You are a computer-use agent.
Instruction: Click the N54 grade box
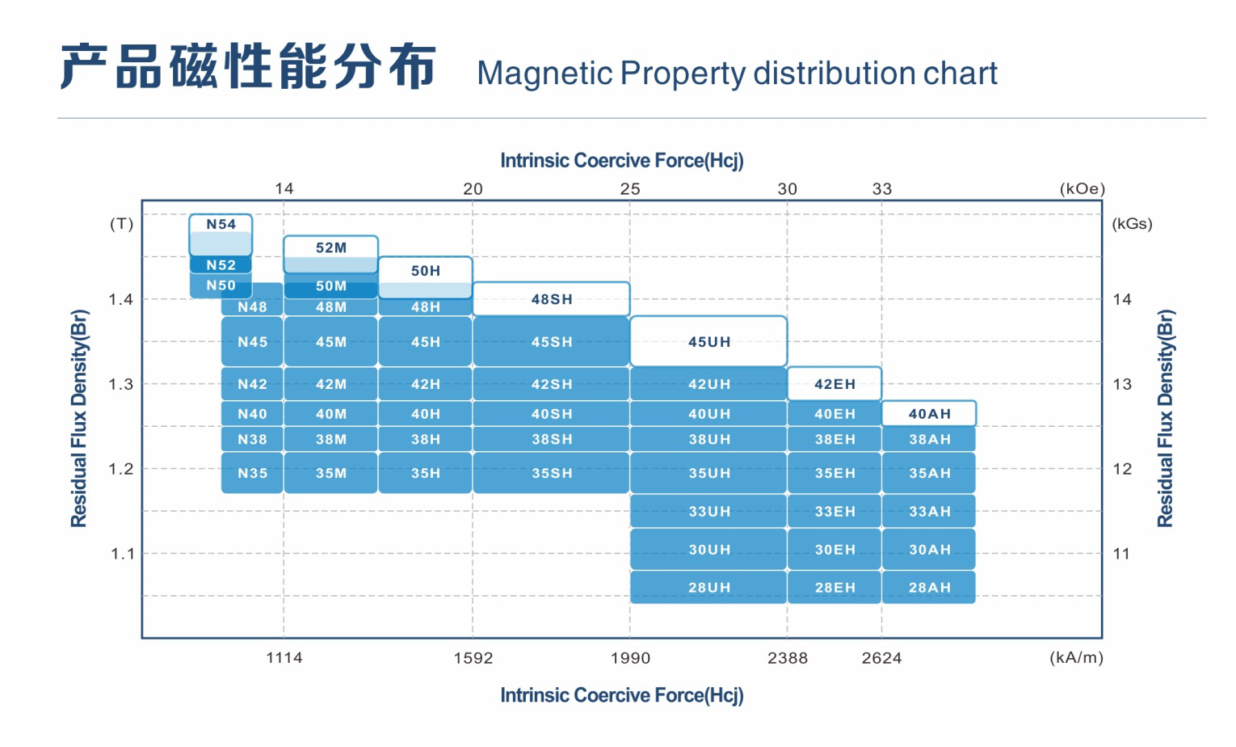(x=221, y=234)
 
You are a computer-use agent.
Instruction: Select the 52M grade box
(x=330, y=254)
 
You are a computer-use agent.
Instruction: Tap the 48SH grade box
(x=551, y=298)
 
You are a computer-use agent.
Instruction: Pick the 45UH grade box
(x=708, y=341)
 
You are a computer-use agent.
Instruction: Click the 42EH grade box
(x=835, y=384)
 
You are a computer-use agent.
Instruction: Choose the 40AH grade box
(x=929, y=414)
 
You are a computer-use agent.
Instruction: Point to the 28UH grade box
(x=708, y=587)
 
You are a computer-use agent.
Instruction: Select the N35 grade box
(x=252, y=473)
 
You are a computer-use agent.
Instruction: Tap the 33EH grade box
(x=835, y=511)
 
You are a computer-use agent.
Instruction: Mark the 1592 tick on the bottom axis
(x=473, y=657)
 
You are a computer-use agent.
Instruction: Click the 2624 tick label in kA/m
(x=881, y=657)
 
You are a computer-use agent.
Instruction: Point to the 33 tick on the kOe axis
(x=881, y=189)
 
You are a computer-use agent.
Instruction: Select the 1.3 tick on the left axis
(x=121, y=384)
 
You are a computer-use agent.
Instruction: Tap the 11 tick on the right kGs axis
(x=1122, y=553)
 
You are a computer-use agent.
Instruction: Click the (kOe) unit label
(x=1082, y=189)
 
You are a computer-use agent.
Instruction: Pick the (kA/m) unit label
(x=1076, y=657)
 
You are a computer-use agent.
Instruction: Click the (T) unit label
(x=121, y=224)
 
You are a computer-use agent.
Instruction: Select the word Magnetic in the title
(x=544, y=73)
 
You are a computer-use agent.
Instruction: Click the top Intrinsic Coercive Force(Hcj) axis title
(x=622, y=160)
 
